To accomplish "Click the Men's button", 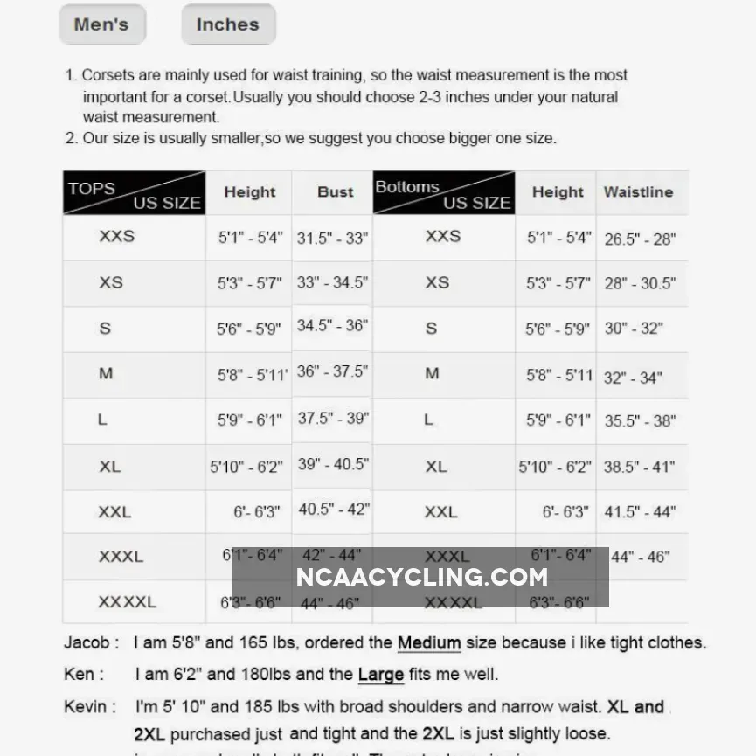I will tap(101, 24).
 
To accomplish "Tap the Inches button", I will tap(227, 24).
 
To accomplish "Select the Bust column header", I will tap(336, 192).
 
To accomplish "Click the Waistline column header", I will tap(638, 192).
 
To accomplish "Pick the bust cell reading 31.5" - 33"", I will tap(332, 238).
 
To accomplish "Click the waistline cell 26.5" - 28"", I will tap(640, 239).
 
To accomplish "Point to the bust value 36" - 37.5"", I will tap(332, 371).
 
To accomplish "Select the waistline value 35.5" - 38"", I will tap(640, 420).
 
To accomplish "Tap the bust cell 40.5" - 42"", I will tap(334, 509).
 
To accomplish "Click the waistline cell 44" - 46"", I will tap(641, 557).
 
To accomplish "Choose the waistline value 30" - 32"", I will tap(634, 329).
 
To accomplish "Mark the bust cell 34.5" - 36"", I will tap(332, 325).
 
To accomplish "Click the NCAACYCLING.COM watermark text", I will tap(421, 577).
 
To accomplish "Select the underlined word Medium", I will tap(428, 643).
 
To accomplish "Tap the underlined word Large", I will tap(380, 675).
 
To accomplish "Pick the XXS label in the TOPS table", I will tap(117, 236).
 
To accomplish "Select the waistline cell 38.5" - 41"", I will tap(640, 467).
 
